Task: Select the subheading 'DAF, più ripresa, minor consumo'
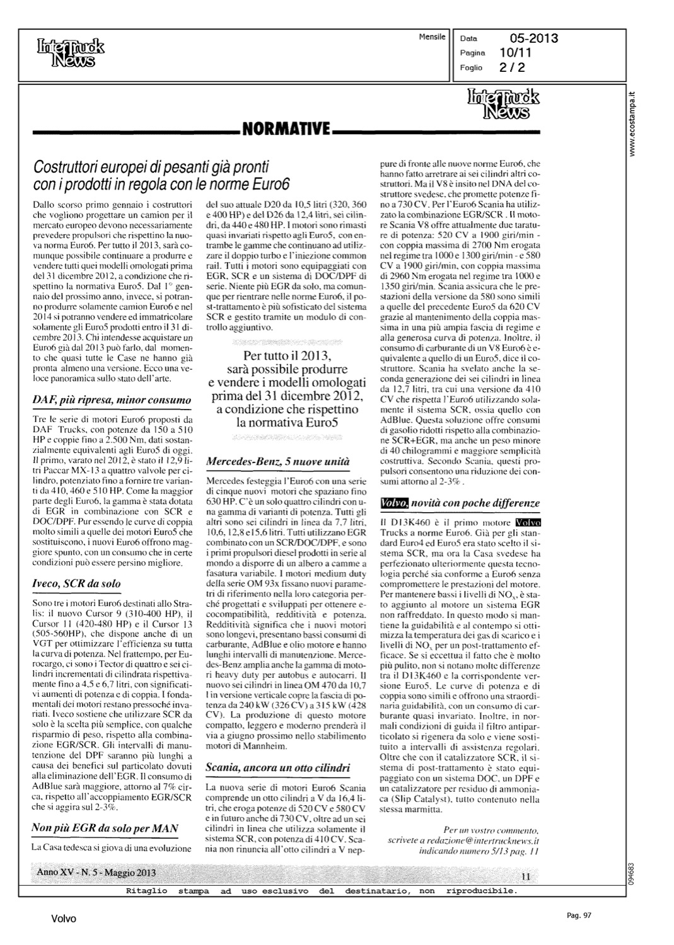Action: pyautogui.click(x=111, y=400)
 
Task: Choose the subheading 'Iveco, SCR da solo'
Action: pyautogui.click(x=76, y=583)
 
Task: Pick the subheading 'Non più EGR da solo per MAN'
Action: pyautogui.click(x=105, y=828)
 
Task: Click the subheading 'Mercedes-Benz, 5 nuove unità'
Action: pyautogui.click(x=277, y=462)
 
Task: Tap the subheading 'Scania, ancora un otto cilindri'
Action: pyautogui.click(x=277, y=768)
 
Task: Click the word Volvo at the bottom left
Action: pyautogui.click(x=64, y=919)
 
